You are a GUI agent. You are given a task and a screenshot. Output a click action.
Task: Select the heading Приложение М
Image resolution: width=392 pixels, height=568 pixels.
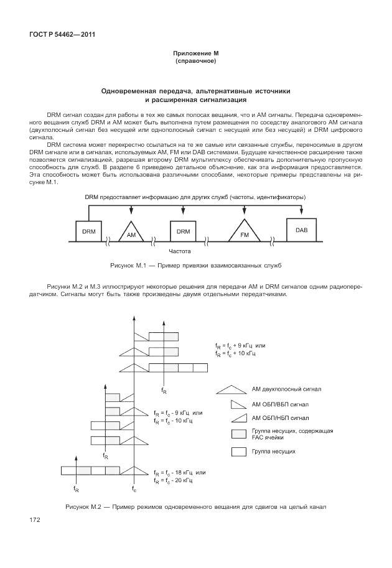tap(195, 55)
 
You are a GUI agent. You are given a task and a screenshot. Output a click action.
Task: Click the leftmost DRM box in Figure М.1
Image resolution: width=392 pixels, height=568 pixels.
tap(88, 231)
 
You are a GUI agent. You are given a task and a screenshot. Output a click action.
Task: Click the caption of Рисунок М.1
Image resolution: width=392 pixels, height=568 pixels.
tap(195, 266)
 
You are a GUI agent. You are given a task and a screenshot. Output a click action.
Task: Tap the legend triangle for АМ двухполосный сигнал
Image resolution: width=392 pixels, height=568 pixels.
tap(230, 390)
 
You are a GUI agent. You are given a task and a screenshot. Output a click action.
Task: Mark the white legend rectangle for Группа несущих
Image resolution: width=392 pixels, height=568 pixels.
tap(239, 452)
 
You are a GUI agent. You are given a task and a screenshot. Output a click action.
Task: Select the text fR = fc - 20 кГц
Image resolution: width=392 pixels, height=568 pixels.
tap(174, 481)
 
